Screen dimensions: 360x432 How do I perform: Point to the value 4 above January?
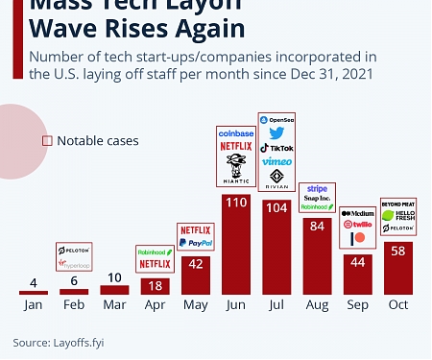pyautogui.click(x=34, y=283)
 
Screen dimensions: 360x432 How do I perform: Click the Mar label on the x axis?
pyautogui.click(x=114, y=304)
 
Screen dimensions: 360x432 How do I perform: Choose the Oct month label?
pyautogui.click(x=397, y=304)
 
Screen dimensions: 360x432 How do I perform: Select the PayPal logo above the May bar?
pyautogui.click(x=195, y=244)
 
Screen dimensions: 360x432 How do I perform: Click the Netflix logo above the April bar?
pyautogui.click(x=155, y=263)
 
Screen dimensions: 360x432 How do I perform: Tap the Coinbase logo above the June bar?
pyautogui.click(x=235, y=133)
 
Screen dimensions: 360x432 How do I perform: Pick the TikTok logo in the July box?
pyautogui.click(x=276, y=148)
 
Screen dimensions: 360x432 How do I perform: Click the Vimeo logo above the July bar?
pyautogui.click(x=276, y=161)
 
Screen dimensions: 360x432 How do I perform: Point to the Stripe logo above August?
pyautogui.click(x=317, y=189)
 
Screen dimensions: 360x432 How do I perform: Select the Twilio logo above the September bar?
pyautogui.click(x=357, y=224)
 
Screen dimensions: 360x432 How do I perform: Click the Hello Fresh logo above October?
pyautogui.click(x=397, y=216)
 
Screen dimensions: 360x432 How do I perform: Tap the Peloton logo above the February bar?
pyautogui.click(x=74, y=249)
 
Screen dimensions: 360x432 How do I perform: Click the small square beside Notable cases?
pyautogui.click(x=46, y=141)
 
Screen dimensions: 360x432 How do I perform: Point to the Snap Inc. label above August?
pyautogui.click(x=317, y=199)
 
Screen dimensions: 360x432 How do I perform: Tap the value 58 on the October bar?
pyautogui.click(x=397, y=251)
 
